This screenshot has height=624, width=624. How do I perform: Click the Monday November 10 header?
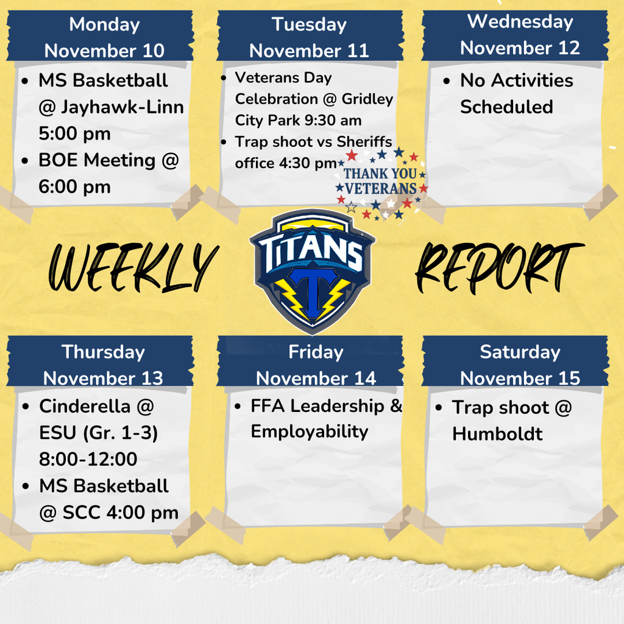pos(104,37)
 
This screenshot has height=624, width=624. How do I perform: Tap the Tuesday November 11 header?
pos(310,37)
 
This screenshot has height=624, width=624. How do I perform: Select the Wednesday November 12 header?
pos(520,35)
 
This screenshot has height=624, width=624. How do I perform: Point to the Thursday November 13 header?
pos(104,364)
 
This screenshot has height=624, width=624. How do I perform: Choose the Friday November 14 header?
pos(316,364)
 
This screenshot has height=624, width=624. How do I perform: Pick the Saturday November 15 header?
pos(520,364)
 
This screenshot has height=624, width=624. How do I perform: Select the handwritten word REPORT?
pos(498,266)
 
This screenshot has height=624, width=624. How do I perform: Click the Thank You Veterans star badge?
pos(380,182)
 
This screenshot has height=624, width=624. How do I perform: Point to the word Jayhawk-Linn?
pos(121,107)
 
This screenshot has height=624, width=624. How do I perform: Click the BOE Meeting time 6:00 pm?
pos(74,187)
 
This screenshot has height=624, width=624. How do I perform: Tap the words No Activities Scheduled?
pos(516,93)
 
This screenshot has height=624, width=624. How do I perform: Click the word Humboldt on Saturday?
pos(497,434)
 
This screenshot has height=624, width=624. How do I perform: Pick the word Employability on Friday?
pos(310,431)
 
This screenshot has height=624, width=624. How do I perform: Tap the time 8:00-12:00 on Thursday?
pos(88,459)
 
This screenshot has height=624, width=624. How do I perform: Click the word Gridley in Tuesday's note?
pos(367,99)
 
